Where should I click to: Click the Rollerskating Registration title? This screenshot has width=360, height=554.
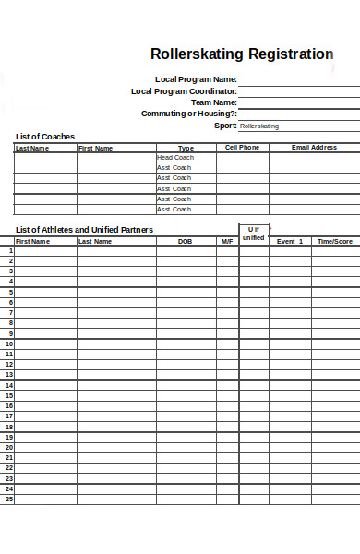click(x=242, y=54)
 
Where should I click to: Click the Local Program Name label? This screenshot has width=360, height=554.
click(x=196, y=79)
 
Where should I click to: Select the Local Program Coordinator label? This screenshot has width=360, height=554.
click(x=184, y=91)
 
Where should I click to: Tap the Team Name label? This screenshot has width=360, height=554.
click(x=213, y=102)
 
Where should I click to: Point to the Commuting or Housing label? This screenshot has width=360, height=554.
click(x=188, y=114)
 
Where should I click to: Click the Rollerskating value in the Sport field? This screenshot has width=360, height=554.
click(x=259, y=126)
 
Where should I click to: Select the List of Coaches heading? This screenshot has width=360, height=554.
click(x=45, y=137)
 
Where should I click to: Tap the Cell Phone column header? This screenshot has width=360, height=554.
click(x=243, y=148)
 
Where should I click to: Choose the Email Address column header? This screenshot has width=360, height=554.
click(x=314, y=148)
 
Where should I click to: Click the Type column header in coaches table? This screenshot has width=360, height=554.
click(x=186, y=148)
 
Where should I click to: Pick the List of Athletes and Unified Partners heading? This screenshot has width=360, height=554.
click(x=85, y=230)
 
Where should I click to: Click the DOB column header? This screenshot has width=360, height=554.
click(x=186, y=241)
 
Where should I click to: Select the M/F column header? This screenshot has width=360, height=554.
click(x=227, y=241)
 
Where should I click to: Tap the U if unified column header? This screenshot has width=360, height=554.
click(x=253, y=234)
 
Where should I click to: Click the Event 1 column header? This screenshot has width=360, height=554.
click(x=289, y=241)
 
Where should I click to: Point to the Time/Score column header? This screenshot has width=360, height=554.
click(x=335, y=241)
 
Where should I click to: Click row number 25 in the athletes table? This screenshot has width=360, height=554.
click(x=9, y=500)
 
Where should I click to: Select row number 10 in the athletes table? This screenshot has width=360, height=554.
click(x=9, y=343)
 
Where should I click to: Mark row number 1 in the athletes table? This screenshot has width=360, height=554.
click(x=11, y=250)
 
